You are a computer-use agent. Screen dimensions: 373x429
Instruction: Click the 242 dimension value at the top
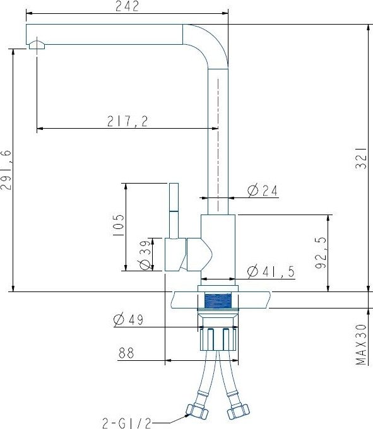pyautogui.click(x=127, y=6)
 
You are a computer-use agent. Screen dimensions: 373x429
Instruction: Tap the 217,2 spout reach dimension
pyautogui.click(x=127, y=121)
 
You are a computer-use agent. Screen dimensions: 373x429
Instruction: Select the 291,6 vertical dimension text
pyautogui.click(x=6, y=170)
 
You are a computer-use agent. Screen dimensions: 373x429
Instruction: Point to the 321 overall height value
pyautogui.click(x=361, y=158)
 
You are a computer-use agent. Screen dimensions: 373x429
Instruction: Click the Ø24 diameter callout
pyautogui.click(x=262, y=191)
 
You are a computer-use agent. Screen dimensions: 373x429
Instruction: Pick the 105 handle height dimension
pyautogui.click(x=118, y=225)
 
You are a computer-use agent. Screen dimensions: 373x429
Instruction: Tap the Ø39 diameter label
pyautogui.click(x=145, y=254)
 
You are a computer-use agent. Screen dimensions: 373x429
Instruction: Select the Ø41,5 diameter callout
pyautogui.click(x=271, y=271)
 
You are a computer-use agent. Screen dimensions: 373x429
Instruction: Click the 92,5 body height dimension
pyautogui.click(x=321, y=252)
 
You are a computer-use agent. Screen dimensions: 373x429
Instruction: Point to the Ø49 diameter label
pyautogui.click(x=128, y=320)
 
